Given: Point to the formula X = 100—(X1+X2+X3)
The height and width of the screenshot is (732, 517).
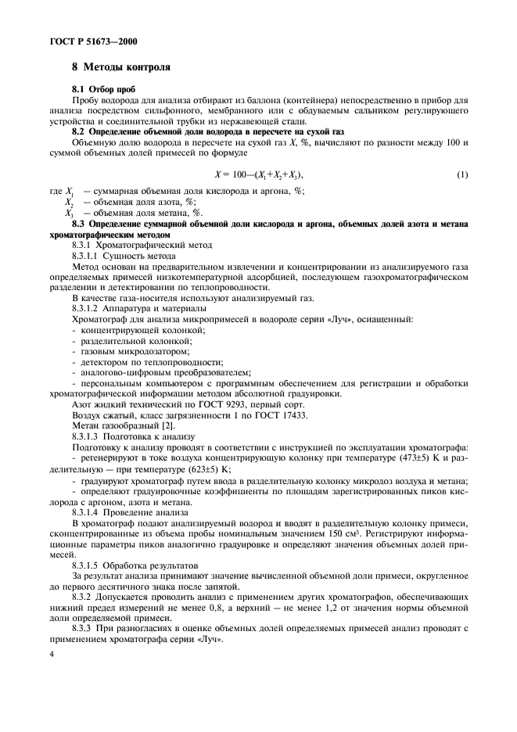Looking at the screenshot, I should coord(258,174).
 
